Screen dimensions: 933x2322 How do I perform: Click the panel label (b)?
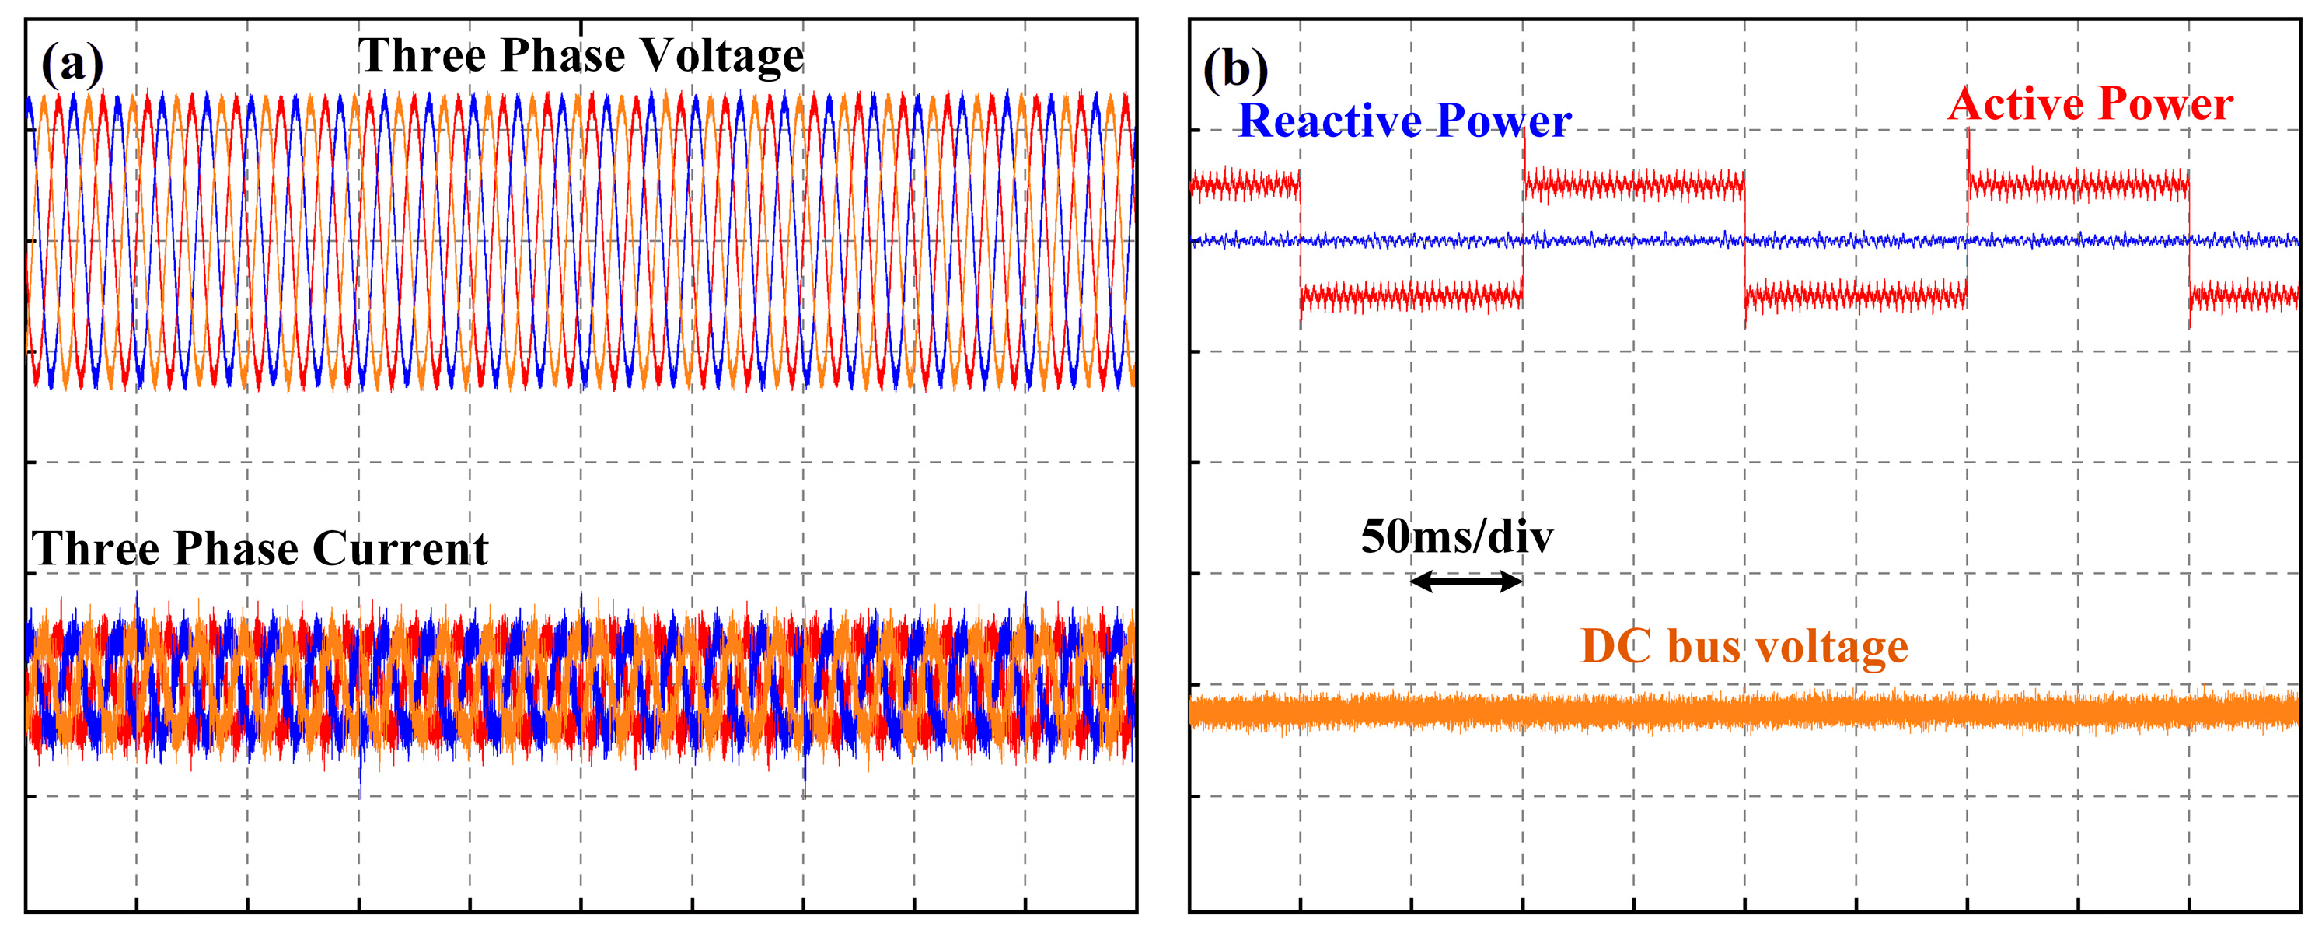pyautogui.click(x=1235, y=69)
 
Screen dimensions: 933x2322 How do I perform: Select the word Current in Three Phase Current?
pyautogui.click(x=400, y=549)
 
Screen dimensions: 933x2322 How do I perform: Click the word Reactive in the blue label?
pyautogui.click(x=1329, y=121)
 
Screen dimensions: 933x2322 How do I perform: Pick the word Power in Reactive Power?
pyautogui.click(x=1503, y=121)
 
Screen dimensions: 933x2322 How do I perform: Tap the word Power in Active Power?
pyautogui.click(x=2164, y=103)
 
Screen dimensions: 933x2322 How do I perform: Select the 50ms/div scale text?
pyautogui.click(x=1457, y=537)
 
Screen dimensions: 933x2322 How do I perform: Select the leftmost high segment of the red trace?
pyautogui.click(x=1245, y=186)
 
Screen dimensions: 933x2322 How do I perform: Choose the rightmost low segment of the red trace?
pyautogui.click(x=2243, y=295)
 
